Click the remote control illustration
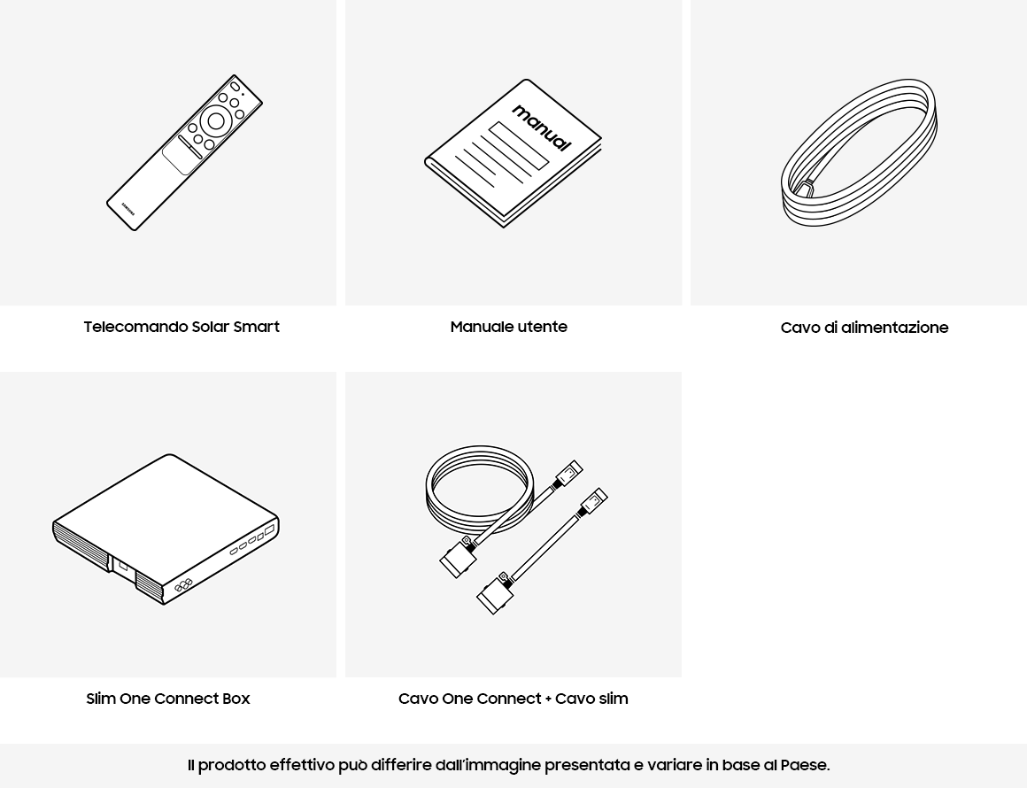[x=185, y=152]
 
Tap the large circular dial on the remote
[x=216, y=120]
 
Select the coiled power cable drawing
[x=859, y=152]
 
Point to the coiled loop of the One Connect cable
[x=477, y=490]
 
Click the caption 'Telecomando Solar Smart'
[x=181, y=327]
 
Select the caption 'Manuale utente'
[x=509, y=327]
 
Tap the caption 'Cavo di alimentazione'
[x=865, y=328]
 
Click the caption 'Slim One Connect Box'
[x=168, y=699]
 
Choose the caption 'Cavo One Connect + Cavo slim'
[x=513, y=699]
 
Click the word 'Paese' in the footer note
[x=805, y=765]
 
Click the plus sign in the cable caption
[x=547, y=699]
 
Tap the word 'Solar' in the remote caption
[x=210, y=327]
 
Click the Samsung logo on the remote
[x=128, y=208]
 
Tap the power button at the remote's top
[x=235, y=87]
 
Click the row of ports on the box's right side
[x=251, y=540]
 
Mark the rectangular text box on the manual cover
[x=518, y=145]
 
